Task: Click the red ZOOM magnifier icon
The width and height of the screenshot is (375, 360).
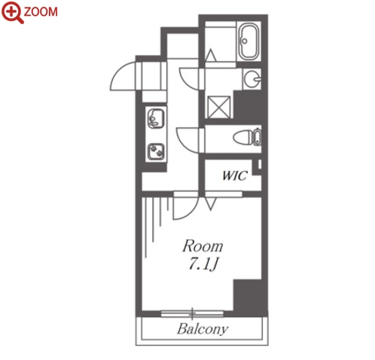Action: point(12,12)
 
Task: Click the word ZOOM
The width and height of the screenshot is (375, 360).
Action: point(41,12)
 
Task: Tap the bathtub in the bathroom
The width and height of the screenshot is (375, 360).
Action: point(248,41)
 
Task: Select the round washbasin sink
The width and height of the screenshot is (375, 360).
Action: point(252,79)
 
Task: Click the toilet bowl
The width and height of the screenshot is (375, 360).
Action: point(247,138)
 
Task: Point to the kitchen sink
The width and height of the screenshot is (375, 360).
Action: point(156,118)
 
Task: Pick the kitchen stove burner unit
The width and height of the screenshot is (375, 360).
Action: point(156,151)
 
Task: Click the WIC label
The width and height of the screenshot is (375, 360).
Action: point(235,175)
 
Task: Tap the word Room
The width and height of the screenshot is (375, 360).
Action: point(203,246)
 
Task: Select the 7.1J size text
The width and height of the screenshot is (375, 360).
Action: point(203,264)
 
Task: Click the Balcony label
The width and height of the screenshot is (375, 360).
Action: point(203,328)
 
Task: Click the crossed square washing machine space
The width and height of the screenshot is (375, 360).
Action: point(219,107)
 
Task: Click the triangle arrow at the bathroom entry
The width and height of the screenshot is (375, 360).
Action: point(210,55)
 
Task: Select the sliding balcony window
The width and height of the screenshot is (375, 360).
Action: point(192,313)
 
